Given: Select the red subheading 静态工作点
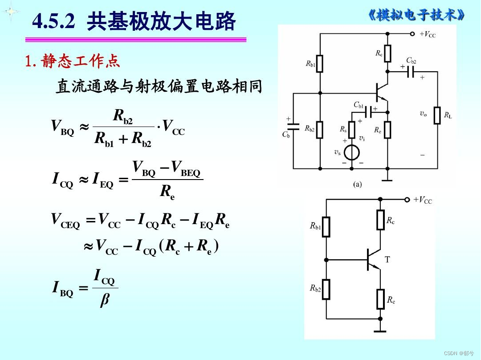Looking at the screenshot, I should [81, 61].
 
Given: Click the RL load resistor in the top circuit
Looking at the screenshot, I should [437, 115].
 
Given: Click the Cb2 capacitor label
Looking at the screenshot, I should [411, 60].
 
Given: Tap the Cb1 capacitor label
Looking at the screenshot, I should [359, 105].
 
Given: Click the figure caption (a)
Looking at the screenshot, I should [357, 184].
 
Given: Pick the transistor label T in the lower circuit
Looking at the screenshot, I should [387, 259].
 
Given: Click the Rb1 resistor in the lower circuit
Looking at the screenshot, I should [326, 226].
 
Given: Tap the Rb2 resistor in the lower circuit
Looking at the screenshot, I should [326, 289].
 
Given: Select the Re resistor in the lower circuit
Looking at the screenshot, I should [380, 299].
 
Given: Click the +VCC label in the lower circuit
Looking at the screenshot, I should [423, 200].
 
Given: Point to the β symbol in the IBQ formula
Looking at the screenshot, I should [105, 300].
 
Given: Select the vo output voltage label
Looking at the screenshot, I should [423, 114].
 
